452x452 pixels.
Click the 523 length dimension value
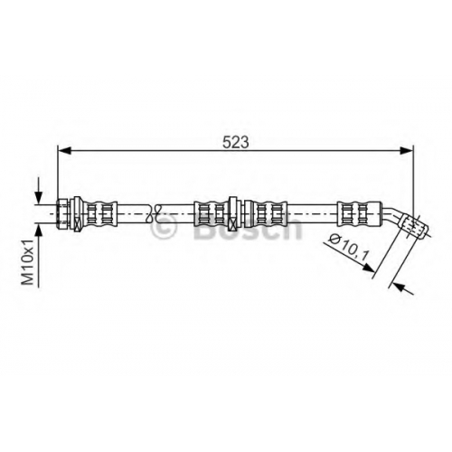click(236, 142)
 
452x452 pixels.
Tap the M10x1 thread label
click(28, 262)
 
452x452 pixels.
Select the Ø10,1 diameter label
click(349, 248)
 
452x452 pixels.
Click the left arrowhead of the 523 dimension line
click(64, 150)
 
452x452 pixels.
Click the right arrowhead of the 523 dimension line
click(407, 150)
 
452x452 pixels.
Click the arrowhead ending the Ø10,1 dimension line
click(369, 267)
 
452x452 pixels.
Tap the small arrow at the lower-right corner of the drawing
click(403, 288)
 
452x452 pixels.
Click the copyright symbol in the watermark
click(163, 228)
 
